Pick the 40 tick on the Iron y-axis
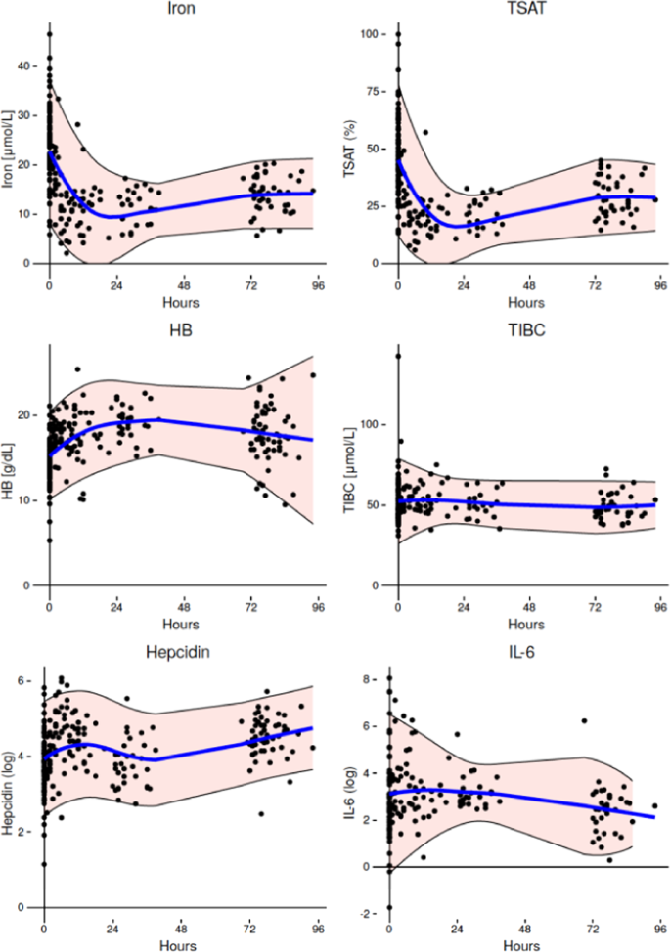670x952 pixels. [x=24, y=66]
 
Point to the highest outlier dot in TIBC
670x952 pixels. [x=398, y=357]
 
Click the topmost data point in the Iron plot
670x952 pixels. [x=50, y=34]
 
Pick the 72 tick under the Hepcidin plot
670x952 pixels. [x=250, y=930]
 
